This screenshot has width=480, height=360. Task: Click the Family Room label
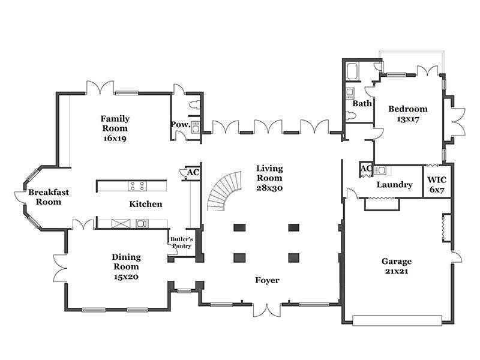coord(115,124)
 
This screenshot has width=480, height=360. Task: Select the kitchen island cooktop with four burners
coord(137,186)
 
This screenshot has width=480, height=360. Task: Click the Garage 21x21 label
coord(397,266)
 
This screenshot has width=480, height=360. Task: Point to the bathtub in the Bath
coord(352,71)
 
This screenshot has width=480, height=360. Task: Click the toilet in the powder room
coord(194,105)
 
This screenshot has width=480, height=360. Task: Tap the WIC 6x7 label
coord(437,185)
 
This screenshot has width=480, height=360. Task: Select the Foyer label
coord(267,280)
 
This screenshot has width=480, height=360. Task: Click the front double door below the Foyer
coord(267,310)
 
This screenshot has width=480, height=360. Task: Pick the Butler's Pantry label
coord(182,242)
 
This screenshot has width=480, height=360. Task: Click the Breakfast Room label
coord(49,197)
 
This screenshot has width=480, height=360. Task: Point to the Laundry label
coord(395,185)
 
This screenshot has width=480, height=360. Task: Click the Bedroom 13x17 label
coord(408,113)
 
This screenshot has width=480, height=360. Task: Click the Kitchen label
coord(146,204)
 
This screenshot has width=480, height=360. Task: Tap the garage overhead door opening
coord(397,321)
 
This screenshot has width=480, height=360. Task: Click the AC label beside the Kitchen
coord(193,172)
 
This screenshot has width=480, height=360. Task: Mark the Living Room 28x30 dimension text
coord(269,188)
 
